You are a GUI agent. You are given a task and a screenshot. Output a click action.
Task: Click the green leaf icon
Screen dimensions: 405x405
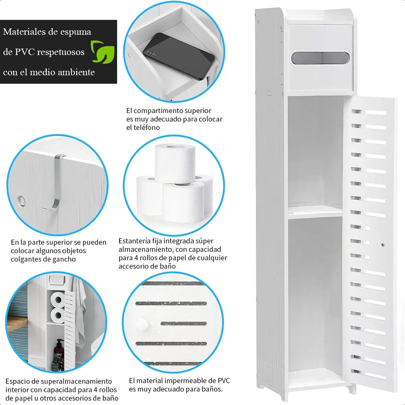coord(102,51)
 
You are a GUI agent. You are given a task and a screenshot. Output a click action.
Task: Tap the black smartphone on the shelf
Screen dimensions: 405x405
coord(179,55)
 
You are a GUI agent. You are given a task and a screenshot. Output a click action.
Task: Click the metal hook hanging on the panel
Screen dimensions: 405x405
coord(58,182)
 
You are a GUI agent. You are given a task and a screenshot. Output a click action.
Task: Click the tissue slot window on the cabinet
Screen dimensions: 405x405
coord(320,58)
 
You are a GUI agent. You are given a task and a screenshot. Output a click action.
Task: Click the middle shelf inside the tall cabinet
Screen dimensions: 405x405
coord(315,212)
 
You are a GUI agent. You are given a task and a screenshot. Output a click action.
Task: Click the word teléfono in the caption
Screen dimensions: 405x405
coord(146,127)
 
